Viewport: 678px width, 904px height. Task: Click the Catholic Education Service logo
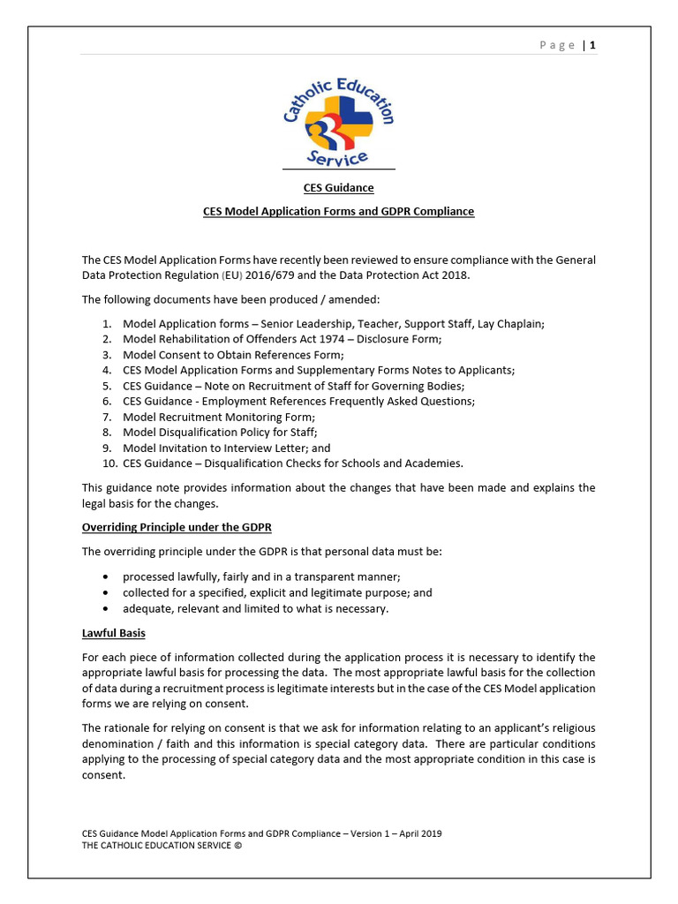pyautogui.click(x=339, y=123)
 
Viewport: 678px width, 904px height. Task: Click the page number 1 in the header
pyautogui.click(x=593, y=45)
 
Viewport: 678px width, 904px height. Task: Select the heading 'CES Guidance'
pyautogui.click(x=339, y=187)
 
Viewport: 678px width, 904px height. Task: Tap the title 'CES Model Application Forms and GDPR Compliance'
pyautogui.click(x=339, y=211)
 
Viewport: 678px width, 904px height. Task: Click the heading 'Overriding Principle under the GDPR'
pyautogui.click(x=177, y=527)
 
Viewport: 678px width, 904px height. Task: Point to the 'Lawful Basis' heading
pyautogui.click(x=114, y=633)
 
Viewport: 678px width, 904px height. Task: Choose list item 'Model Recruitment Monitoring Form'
pyautogui.click(x=218, y=417)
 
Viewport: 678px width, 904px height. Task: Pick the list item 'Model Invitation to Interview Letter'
pyautogui.click(x=226, y=448)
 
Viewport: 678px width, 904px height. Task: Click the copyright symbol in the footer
pyautogui.click(x=237, y=845)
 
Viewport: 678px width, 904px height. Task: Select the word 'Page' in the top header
pyautogui.click(x=558, y=45)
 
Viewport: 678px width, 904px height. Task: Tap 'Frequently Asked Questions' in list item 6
pyautogui.click(x=403, y=401)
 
